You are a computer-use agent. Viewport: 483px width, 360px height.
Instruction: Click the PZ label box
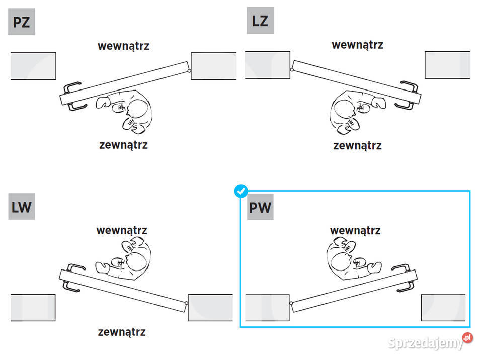[x=22, y=22]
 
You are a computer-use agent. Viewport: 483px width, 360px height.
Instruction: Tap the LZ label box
[x=260, y=21]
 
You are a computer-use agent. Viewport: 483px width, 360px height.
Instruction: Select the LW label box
[x=22, y=207]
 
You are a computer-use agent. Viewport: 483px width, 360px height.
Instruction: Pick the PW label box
[x=260, y=207]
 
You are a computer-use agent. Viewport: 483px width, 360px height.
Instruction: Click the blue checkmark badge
[x=242, y=191]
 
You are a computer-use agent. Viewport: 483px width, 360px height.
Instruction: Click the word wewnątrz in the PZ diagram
[x=123, y=46]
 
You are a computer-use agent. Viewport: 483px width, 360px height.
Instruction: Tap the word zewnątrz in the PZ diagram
[x=123, y=145]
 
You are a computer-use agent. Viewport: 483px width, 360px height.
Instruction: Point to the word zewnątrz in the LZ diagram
[x=357, y=146]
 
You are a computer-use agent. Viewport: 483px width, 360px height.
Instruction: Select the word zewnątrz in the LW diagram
[x=122, y=332]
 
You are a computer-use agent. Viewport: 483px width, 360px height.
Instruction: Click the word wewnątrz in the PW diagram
[x=355, y=230]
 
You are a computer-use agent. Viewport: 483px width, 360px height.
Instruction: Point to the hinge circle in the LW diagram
[x=187, y=303]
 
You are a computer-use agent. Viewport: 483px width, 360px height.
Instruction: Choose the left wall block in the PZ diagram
[x=33, y=66]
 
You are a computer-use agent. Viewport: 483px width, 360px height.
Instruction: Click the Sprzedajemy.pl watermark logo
[x=430, y=343]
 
